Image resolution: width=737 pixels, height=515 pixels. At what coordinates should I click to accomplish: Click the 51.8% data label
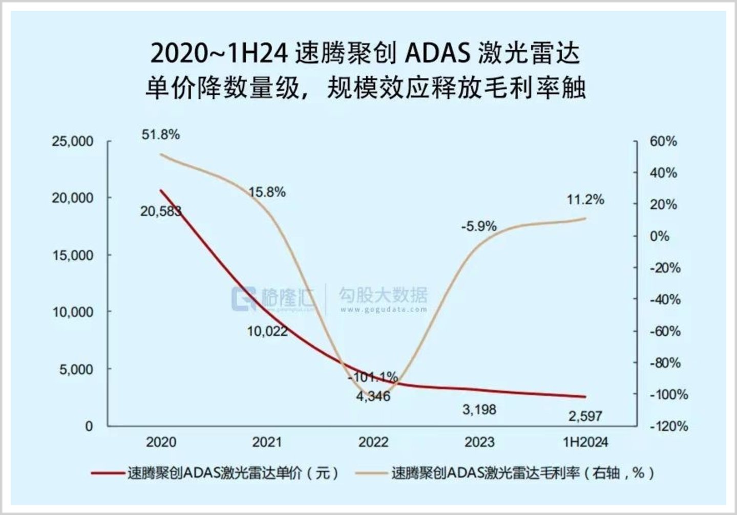(160, 135)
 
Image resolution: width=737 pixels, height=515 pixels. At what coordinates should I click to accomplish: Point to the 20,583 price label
(161, 211)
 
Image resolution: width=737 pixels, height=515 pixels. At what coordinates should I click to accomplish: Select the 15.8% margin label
(267, 192)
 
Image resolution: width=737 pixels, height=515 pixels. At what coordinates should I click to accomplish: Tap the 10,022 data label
(267, 331)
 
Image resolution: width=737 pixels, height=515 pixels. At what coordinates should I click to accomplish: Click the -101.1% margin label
(372, 377)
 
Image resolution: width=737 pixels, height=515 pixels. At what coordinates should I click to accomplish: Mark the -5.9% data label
(478, 226)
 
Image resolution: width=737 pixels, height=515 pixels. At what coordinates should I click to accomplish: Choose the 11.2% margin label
(585, 200)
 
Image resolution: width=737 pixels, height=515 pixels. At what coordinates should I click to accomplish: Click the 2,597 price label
(585, 416)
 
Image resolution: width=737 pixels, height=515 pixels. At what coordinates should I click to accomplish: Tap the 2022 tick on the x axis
(373, 442)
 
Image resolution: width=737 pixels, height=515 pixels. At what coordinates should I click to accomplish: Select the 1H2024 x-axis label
(585, 442)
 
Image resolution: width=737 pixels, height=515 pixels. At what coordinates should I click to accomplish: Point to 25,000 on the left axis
(73, 141)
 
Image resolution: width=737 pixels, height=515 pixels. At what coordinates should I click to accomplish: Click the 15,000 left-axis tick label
(73, 255)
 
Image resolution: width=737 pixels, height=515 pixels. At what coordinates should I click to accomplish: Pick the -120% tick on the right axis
(668, 426)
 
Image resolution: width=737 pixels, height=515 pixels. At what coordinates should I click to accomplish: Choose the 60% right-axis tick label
(663, 141)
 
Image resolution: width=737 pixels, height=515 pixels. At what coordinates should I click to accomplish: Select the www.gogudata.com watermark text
(382, 309)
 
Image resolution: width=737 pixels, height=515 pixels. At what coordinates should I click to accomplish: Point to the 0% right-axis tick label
(660, 236)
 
